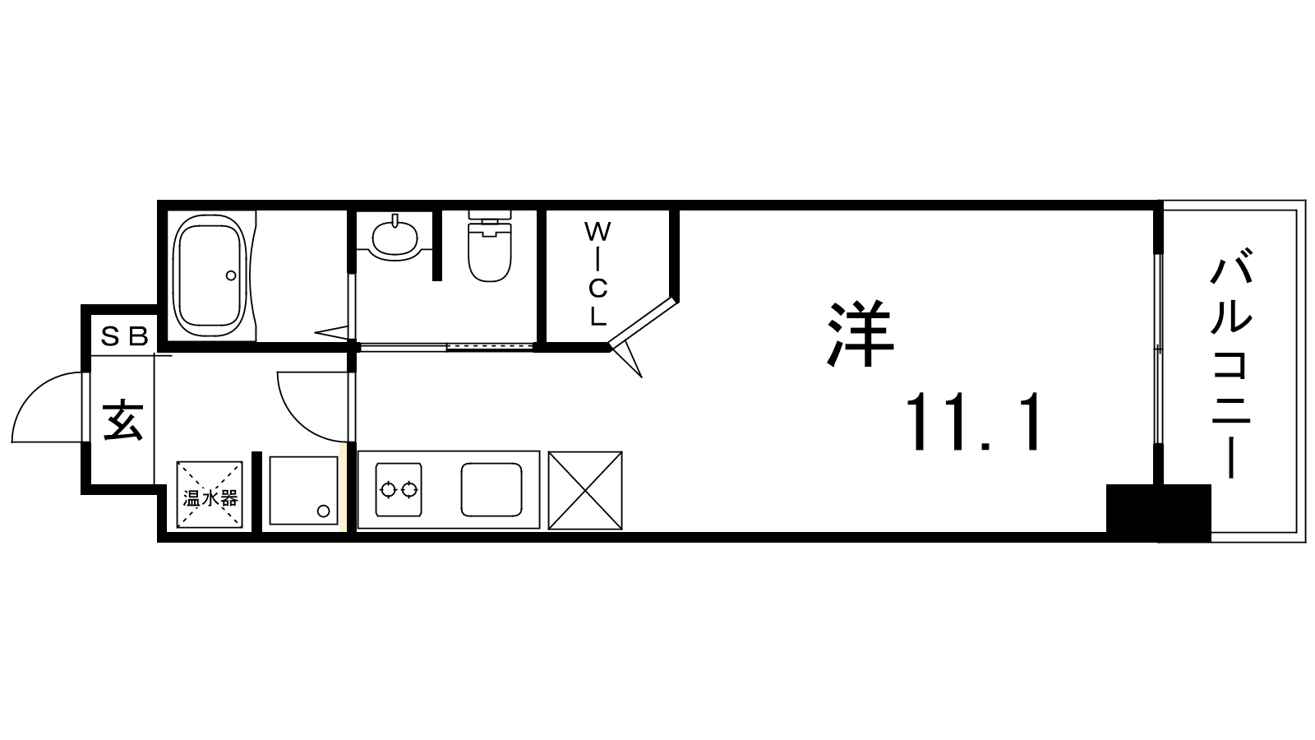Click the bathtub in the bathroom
212,276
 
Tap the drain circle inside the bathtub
231,275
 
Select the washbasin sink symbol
395,236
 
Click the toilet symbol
490,246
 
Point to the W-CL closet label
598,273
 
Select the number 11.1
973,422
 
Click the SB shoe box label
124,336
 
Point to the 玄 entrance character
123,419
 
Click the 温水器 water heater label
210,498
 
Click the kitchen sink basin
491,489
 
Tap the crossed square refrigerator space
585,490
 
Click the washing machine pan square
303,490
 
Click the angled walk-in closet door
644,322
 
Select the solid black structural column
1159,512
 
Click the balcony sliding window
1158,349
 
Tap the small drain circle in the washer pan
324,511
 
